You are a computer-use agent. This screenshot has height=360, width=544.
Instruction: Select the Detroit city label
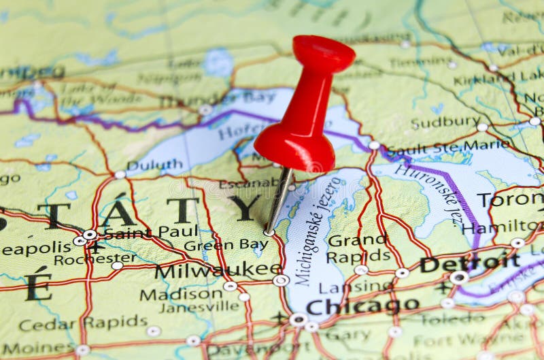[469, 263]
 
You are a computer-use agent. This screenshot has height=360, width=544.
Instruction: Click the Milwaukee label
[218, 270]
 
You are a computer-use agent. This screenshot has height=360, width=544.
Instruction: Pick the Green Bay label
[226, 245]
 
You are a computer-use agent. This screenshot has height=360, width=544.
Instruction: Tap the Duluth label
[154, 165]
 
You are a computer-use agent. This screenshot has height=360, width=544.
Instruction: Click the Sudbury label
[445, 122]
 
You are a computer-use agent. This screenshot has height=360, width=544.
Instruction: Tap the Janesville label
[199, 307]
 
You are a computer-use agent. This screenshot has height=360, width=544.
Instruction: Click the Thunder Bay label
[218, 99]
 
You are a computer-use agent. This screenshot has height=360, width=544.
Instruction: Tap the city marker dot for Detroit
[459, 278]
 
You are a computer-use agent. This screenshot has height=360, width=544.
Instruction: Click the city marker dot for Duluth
[120, 174]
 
